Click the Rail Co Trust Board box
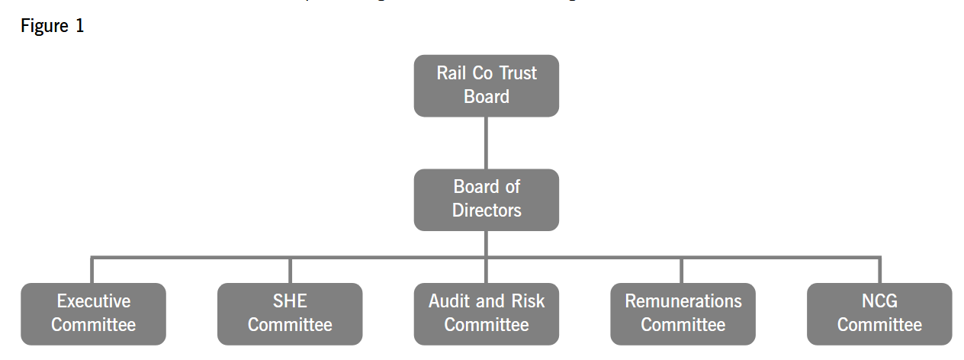coord(486,85)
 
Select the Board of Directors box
coord(486,199)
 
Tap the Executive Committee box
coord(93,313)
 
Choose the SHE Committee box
coord(290,313)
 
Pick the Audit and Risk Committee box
coord(486,313)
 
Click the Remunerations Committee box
coord(683,313)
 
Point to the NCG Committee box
coord(879,313)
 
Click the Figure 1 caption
coord(53,25)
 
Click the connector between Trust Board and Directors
coord(486,143)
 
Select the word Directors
coord(487,211)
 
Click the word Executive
coord(94,301)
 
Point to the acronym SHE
coord(290,301)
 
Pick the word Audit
coord(449,301)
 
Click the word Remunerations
coord(683,301)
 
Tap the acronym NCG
coord(879,301)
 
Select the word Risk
coord(527,301)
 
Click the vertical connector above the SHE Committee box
coord(290,270)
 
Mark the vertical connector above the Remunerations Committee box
coord(682,270)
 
